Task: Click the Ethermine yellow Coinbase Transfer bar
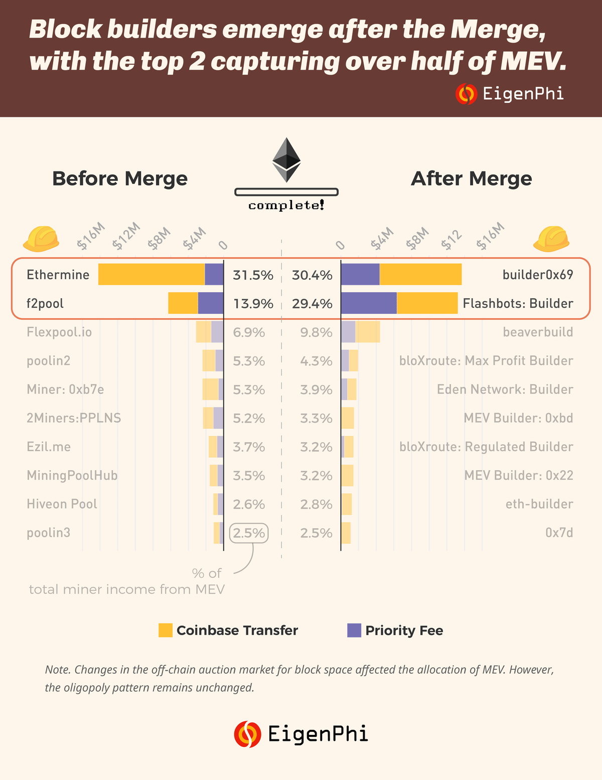click(x=151, y=275)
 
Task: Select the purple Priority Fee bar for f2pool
click(x=211, y=303)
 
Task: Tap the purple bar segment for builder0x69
click(x=360, y=275)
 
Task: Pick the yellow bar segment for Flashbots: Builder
click(x=427, y=303)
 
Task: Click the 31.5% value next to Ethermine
click(x=253, y=275)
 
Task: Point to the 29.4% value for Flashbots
click(x=312, y=304)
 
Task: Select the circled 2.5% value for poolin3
click(x=249, y=533)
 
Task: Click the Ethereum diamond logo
click(x=286, y=160)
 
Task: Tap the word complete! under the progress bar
click(x=286, y=205)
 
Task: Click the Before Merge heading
click(x=120, y=178)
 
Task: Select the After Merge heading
click(x=472, y=178)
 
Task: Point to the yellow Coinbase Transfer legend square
click(x=166, y=630)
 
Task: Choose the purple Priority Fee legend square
click(x=354, y=630)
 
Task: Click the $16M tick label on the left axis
click(x=91, y=236)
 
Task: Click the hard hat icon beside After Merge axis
click(x=551, y=238)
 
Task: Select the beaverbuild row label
click(x=538, y=332)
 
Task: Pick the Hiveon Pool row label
click(x=62, y=504)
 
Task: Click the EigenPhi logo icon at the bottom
click(x=247, y=734)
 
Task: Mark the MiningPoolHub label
click(x=72, y=476)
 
